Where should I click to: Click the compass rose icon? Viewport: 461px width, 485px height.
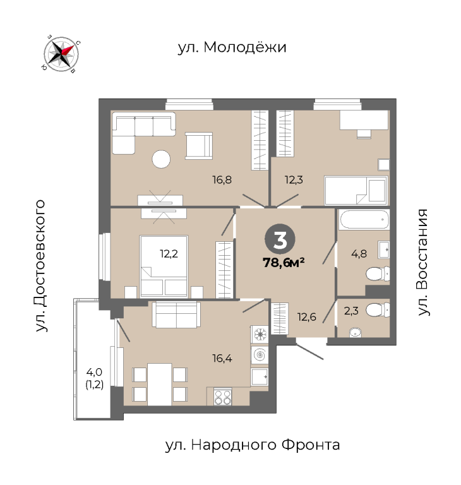click(x=61, y=54)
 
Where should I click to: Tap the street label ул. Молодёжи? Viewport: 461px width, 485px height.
click(x=232, y=47)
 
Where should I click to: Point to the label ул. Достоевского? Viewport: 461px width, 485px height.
click(x=40, y=266)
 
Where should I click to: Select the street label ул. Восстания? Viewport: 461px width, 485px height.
click(x=422, y=262)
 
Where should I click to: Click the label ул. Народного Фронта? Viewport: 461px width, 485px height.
click(x=253, y=445)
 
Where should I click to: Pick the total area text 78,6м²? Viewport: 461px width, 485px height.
click(x=284, y=263)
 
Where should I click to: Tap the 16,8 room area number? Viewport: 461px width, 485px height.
click(x=222, y=180)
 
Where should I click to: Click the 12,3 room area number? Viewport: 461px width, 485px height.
click(x=294, y=180)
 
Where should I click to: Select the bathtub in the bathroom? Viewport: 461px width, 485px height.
click(x=364, y=219)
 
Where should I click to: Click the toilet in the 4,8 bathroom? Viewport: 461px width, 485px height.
click(x=378, y=273)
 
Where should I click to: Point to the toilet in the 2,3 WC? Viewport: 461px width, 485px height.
click(x=378, y=309)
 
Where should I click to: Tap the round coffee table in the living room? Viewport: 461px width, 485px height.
click(x=161, y=159)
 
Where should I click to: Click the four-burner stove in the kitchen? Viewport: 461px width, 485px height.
click(x=223, y=397)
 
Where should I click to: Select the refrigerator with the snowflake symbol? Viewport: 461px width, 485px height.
click(x=260, y=334)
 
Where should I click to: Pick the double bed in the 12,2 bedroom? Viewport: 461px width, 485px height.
click(x=164, y=266)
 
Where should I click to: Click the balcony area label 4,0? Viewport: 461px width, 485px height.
click(x=94, y=371)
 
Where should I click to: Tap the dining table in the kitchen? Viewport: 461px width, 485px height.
click(x=159, y=384)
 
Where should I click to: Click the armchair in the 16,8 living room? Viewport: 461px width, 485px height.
click(x=199, y=146)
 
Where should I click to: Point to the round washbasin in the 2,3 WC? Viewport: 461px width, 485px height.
click(x=355, y=333)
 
